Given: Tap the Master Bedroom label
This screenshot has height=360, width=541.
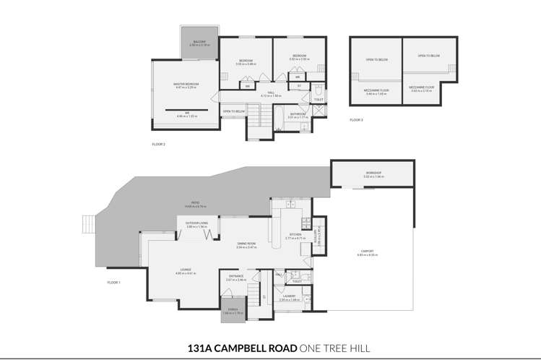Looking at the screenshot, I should tap(186, 84).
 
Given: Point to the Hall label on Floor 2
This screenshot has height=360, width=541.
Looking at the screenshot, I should tap(271, 93).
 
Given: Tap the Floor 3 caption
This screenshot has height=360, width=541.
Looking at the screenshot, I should tap(357, 119).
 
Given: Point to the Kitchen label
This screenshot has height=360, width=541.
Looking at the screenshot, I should tap(295, 234).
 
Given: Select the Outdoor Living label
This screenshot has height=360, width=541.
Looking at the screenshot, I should tap(196, 223).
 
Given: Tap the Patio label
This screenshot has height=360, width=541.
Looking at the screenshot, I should tap(195, 202).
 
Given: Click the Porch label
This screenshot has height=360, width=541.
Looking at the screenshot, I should tap(230, 309).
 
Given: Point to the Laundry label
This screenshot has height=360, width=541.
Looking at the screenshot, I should tap(289, 296).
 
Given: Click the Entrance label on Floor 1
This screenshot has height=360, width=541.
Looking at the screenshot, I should tap(236, 275).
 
